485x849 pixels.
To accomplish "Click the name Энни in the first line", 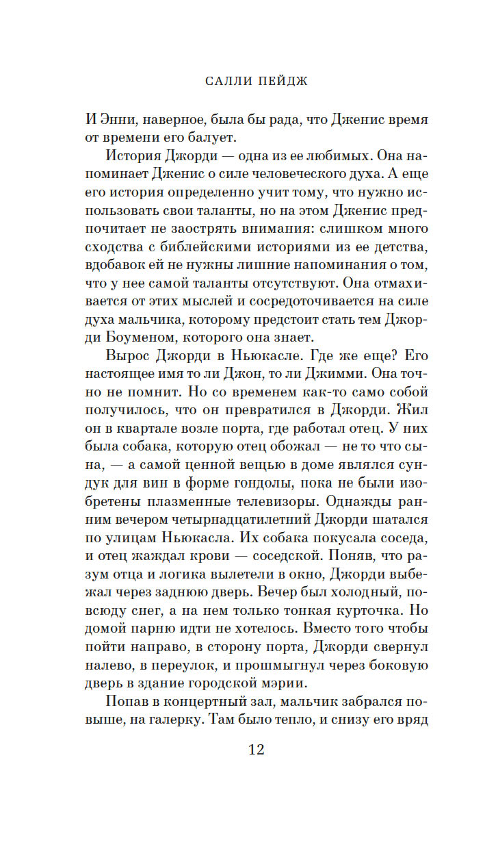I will [x=118, y=119].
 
